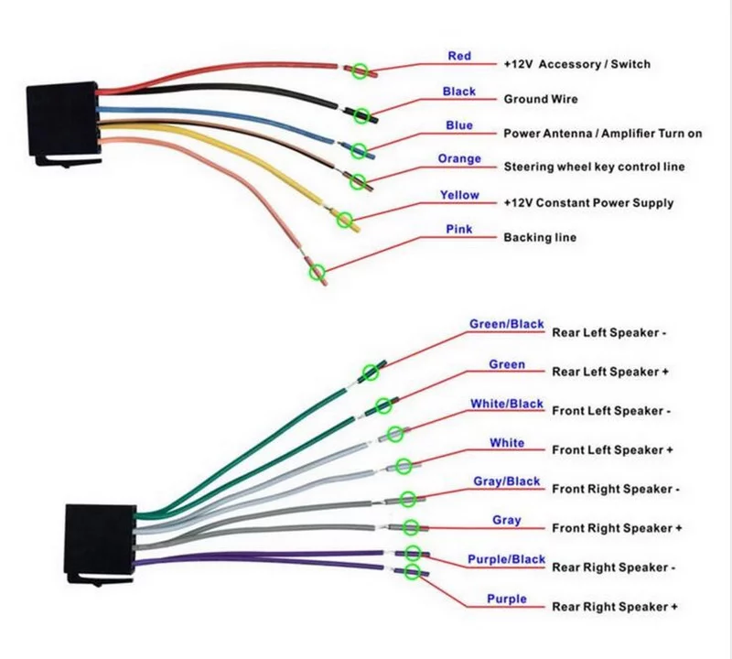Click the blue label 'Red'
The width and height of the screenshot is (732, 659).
tap(459, 57)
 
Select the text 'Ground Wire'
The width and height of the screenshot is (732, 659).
tap(541, 99)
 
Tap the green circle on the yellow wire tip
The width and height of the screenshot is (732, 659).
tap(346, 218)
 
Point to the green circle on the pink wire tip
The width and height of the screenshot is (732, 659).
tap(318, 271)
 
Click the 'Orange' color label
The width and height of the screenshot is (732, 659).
tap(459, 159)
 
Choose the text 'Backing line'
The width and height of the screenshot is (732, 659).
tap(540, 238)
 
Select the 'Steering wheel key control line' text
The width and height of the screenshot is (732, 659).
tap(594, 167)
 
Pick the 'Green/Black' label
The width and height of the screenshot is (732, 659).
tap(507, 324)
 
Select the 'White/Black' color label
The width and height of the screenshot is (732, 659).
tap(507, 404)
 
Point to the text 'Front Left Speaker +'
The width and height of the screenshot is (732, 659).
tap(612, 450)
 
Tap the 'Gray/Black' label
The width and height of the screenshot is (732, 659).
tap(507, 481)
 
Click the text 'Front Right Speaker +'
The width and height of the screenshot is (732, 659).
tap(617, 529)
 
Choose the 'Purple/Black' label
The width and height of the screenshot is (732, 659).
tap(507, 559)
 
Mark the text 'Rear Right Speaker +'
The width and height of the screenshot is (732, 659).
tap(615, 607)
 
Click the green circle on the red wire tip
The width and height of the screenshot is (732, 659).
tap(361, 70)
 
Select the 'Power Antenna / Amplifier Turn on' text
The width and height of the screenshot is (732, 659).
tap(603, 134)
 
